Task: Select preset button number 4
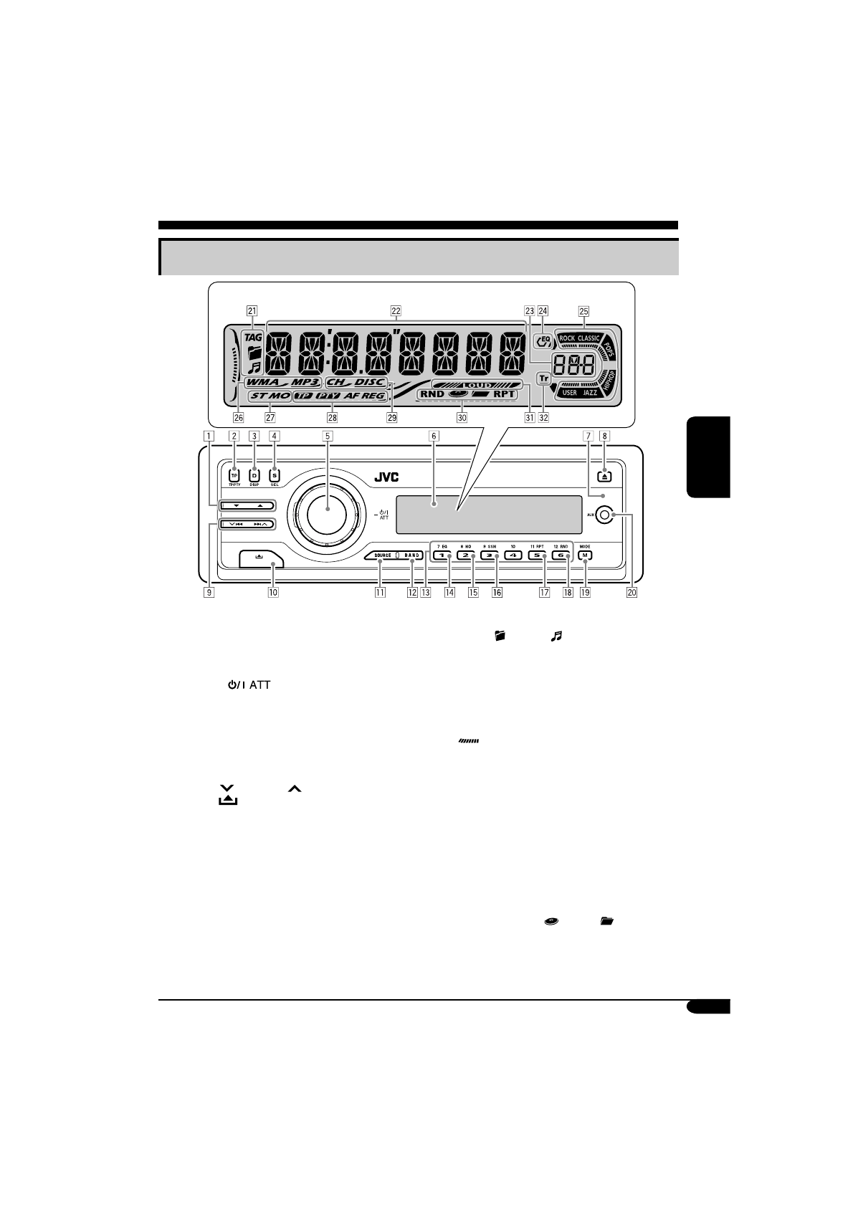point(513,555)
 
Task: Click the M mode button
point(585,555)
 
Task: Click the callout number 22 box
point(395,311)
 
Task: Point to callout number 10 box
point(273,593)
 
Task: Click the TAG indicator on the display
point(253,336)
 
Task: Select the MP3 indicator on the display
point(305,383)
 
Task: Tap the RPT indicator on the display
point(504,394)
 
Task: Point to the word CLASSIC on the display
point(589,338)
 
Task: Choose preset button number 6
point(561,555)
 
